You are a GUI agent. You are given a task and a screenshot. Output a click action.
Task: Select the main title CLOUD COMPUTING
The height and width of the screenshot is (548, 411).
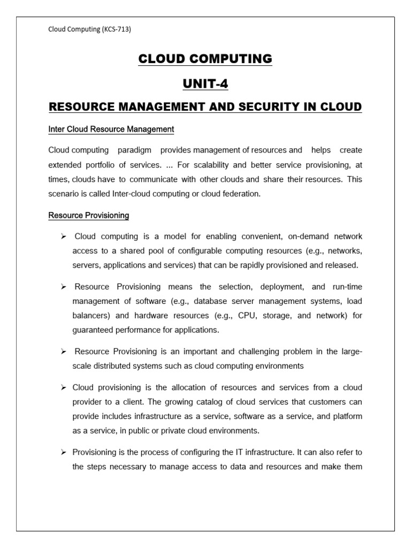click(205, 59)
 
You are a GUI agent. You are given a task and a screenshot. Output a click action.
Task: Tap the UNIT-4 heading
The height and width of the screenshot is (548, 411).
click(205, 83)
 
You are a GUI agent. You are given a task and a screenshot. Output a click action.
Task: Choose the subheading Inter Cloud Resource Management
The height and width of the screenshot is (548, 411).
click(111, 129)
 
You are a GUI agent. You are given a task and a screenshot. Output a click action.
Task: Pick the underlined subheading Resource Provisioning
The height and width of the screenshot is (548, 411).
click(89, 215)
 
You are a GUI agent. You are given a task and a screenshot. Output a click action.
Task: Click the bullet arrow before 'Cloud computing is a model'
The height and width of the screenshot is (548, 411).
click(63, 237)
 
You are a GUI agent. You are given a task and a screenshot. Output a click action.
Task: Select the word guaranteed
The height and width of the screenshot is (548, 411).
click(94, 330)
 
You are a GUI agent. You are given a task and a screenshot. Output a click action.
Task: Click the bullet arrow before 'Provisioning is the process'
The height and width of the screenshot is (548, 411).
click(63, 452)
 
